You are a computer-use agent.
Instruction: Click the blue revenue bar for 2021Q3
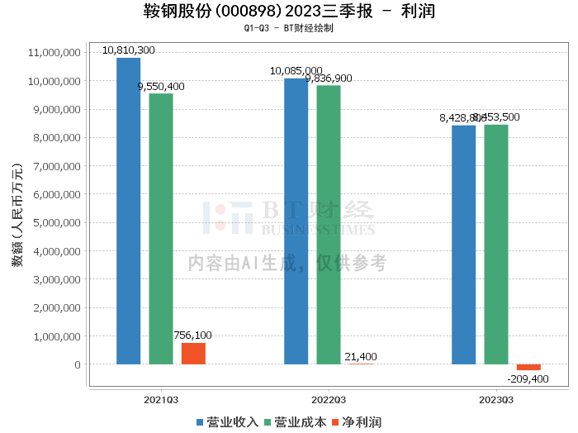(x=128, y=211)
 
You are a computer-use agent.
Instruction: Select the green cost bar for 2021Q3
(x=161, y=229)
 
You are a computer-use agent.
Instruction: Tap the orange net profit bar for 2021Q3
(x=193, y=354)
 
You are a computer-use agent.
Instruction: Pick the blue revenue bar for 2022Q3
(x=296, y=221)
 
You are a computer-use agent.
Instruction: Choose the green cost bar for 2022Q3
(x=329, y=225)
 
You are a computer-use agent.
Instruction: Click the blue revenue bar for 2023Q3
(x=463, y=245)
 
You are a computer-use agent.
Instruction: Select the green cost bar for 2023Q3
(x=496, y=245)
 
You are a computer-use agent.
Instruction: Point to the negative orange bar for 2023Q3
(x=528, y=367)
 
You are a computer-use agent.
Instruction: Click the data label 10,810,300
(x=128, y=50)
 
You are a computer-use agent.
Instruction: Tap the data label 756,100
(x=192, y=335)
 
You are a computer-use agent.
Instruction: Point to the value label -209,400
(x=528, y=378)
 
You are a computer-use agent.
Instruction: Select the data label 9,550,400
(x=161, y=86)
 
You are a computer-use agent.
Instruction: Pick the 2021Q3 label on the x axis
(x=161, y=398)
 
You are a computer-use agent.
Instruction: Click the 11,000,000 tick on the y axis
(x=54, y=53)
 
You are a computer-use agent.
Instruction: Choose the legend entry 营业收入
(x=227, y=422)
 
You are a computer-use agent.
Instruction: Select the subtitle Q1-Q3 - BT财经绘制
(x=289, y=27)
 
